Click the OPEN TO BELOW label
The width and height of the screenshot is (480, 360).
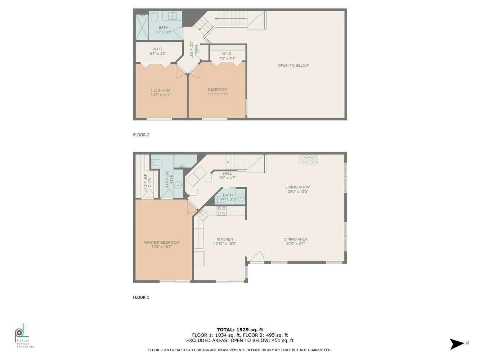tap(293, 66)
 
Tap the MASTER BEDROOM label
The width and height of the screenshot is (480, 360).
tap(162, 242)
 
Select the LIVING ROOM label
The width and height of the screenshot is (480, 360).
tap(298, 187)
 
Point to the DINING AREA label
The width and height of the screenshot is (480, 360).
tap(295, 239)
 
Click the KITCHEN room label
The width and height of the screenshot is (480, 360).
tap(225, 239)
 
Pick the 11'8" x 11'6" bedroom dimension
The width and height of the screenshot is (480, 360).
tap(217, 94)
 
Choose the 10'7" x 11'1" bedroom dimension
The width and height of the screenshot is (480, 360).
tap(161, 95)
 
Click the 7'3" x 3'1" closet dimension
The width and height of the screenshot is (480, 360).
tap(227, 58)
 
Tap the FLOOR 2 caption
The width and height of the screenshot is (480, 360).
tap(141, 135)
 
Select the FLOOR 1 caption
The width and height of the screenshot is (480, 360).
tap(141, 297)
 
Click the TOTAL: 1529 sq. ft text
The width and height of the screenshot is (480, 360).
tap(240, 330)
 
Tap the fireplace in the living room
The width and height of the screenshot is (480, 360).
tap(309, 159)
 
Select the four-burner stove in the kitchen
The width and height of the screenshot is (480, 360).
tap(221, 211)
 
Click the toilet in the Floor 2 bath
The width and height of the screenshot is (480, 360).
tap(153, 17)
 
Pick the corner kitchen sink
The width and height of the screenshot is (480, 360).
tap(203, 215)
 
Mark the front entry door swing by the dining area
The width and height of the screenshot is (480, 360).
tap(257, 256)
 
